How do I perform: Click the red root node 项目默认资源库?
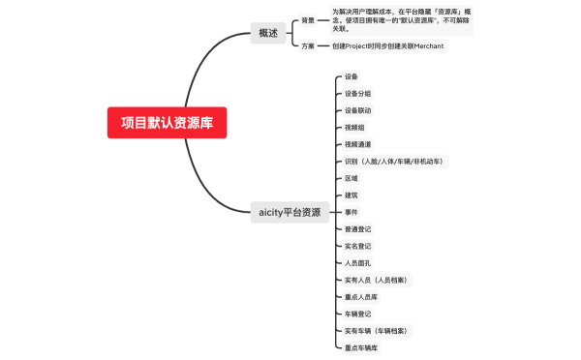(x=168, y=123)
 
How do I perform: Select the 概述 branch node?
(x=268, y=33)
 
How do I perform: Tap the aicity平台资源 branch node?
(x=290, y=212)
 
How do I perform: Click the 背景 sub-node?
(x=308, y=20)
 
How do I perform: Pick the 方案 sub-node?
(x=308, y=46)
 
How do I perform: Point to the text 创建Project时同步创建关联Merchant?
(x=387, y=46)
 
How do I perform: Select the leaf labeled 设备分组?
(x=357, y=93)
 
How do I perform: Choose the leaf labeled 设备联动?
(x=357, y=110)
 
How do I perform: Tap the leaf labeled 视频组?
(x=354, y=127)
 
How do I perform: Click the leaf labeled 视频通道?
(x=357, y=144)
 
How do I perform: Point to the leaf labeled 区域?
(x=351, y=178)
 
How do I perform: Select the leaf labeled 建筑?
(x=351, y=195)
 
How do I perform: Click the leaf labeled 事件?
(x=351, y=212)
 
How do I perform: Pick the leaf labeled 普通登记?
(x=357, y=228)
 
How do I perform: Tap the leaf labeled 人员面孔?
(x=357, y=262)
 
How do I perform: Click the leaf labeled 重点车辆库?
(x=361, y=347)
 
